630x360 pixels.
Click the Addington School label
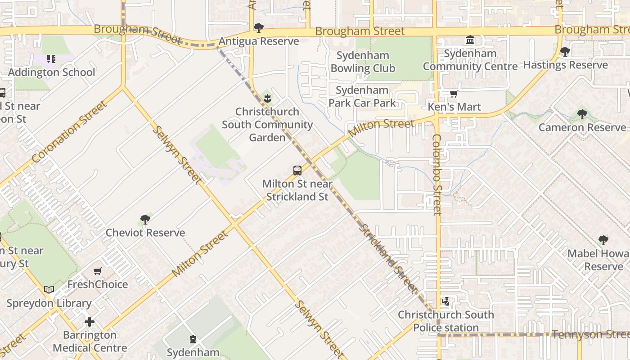coord(52,72)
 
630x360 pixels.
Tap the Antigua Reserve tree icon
coord(259,28)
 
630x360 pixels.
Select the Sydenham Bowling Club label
coord(363,62)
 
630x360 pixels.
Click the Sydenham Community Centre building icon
coord(470,40)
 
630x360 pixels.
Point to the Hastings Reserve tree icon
coord(565,52)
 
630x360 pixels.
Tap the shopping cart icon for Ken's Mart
coord(454,94)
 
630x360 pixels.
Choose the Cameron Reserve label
coord(582,127)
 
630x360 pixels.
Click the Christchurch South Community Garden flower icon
coord(268,98)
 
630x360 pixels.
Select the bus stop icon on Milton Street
coord(297,171)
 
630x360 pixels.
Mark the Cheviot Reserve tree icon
coord(145,220)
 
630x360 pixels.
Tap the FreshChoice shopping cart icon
coord(98,271)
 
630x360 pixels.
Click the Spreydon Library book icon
coord(49,290)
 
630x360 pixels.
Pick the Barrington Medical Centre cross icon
coord(90,322)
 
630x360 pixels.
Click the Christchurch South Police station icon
coord(445,301)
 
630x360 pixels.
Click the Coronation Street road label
coord(70,131)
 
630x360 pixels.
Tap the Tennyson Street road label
coord(590,334)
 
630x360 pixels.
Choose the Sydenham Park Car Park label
coord(362,96)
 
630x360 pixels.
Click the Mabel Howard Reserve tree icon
coord(603,240)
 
